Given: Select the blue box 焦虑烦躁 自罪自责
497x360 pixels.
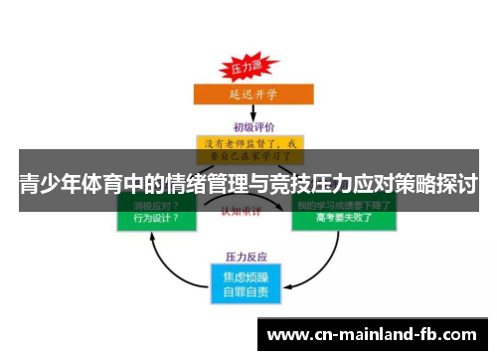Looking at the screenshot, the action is [245, 283].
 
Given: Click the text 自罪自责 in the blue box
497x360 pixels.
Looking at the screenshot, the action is [245, 292].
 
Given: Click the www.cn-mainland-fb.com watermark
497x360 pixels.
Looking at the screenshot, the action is [374, 334].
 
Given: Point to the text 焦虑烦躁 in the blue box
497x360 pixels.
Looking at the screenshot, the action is [245, 275].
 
